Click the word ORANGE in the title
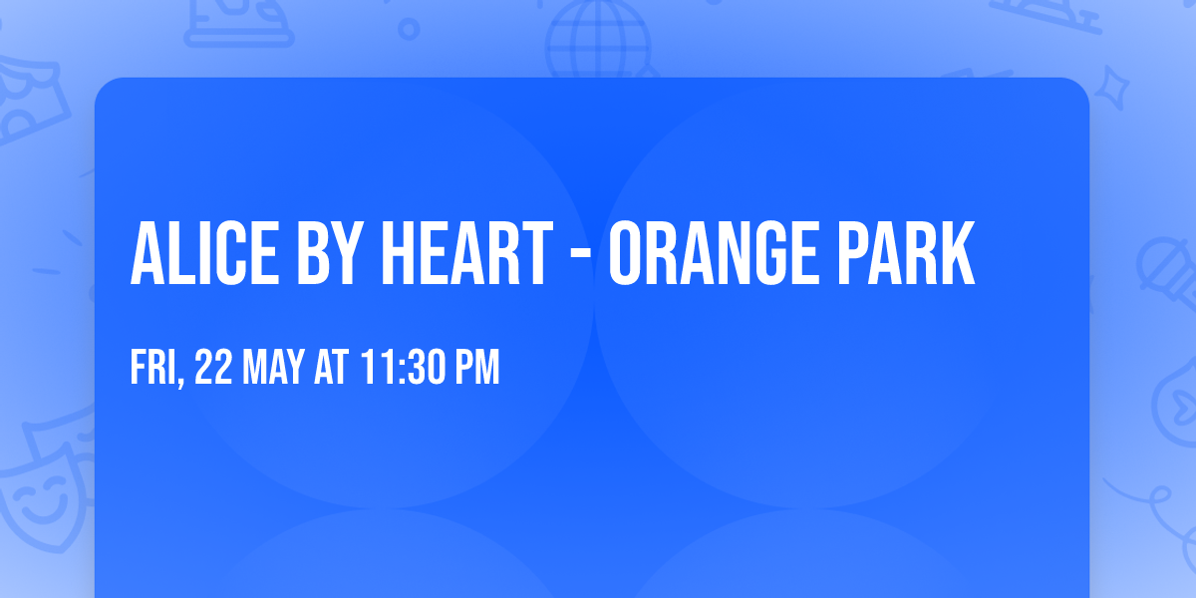pyautogui.click(x=722, y=254)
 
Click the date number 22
pyautogui.click(x=214, y=369)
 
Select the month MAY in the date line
pyautogui.click(x=275, y=369)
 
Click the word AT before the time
pyautogui.click(x=330, y=369)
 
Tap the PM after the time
pyautogui.click(x=476, y=369)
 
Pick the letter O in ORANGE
pyautogui.click(x=629, y=254)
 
